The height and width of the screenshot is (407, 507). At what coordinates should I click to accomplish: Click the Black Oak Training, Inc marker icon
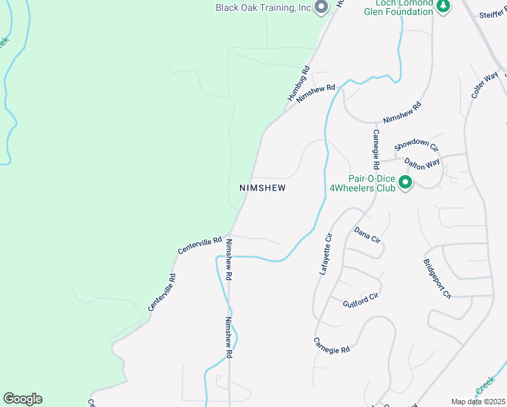(321, 7)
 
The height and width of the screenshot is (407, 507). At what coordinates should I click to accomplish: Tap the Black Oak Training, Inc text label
(263, 7)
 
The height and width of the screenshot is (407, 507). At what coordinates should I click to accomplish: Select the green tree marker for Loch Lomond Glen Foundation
(443, 6)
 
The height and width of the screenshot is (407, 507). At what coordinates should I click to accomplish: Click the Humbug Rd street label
(298, 83)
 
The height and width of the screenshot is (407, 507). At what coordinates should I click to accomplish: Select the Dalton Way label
(422, 163)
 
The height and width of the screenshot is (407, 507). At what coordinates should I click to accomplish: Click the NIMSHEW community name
(262, 188)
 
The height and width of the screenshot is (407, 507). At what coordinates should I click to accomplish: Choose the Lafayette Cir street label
(326, 254)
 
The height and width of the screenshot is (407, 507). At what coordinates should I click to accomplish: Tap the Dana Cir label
(367, 235)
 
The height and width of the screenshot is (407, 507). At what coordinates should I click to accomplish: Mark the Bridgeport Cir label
(437, 279)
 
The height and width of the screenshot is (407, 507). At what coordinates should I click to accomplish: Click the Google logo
(22, 399)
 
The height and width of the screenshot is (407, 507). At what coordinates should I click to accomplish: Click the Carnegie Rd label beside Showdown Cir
(374, 149)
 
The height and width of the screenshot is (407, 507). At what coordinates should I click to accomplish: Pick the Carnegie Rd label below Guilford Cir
(331, 345)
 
